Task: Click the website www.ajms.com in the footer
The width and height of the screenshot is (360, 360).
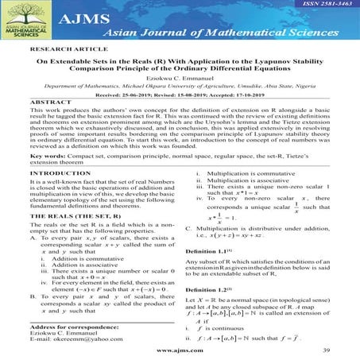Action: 180,350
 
